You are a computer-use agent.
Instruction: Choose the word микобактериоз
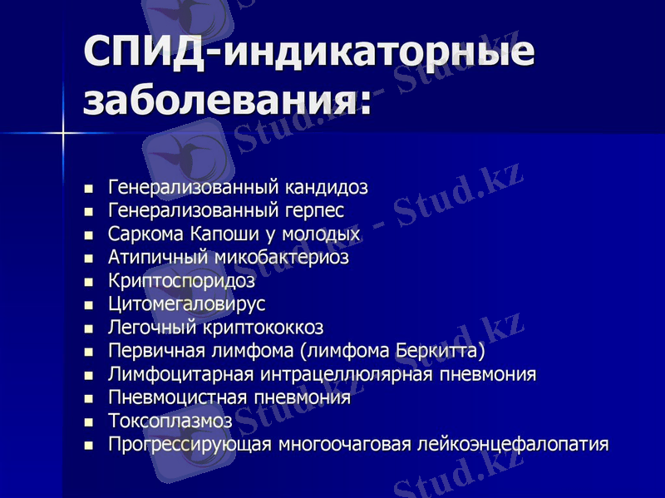(282, 258)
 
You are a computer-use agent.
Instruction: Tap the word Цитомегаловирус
(186, 304)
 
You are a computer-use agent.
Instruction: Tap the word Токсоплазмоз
(170, 421)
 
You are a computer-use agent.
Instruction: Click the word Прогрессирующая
(191, 444)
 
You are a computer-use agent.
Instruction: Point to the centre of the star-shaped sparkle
(63, 132)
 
